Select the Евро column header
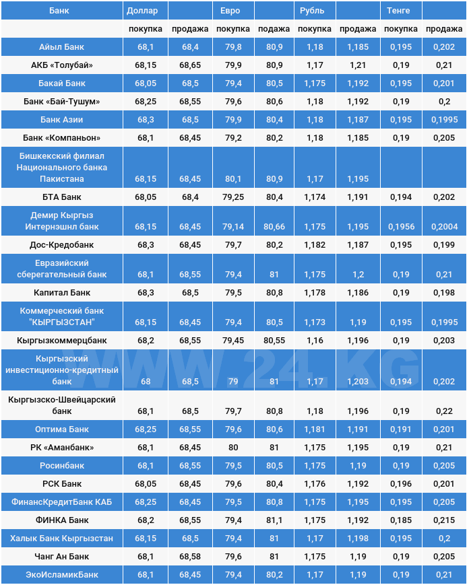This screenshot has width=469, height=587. click(230, 11)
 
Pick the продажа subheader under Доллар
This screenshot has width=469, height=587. click(189, 29)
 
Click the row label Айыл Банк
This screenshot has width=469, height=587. click(61, 47)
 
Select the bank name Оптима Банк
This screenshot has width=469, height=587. click(61, 429)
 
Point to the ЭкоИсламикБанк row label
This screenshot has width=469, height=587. click(61, 575)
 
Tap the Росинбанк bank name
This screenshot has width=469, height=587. click(61, 466)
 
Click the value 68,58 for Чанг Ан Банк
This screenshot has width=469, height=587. click(189, 557)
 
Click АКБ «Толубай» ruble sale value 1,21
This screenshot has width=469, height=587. click(358, 65)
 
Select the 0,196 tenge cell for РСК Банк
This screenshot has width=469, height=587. click(401, 484)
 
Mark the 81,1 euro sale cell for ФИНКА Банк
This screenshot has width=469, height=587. click(274, 520)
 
